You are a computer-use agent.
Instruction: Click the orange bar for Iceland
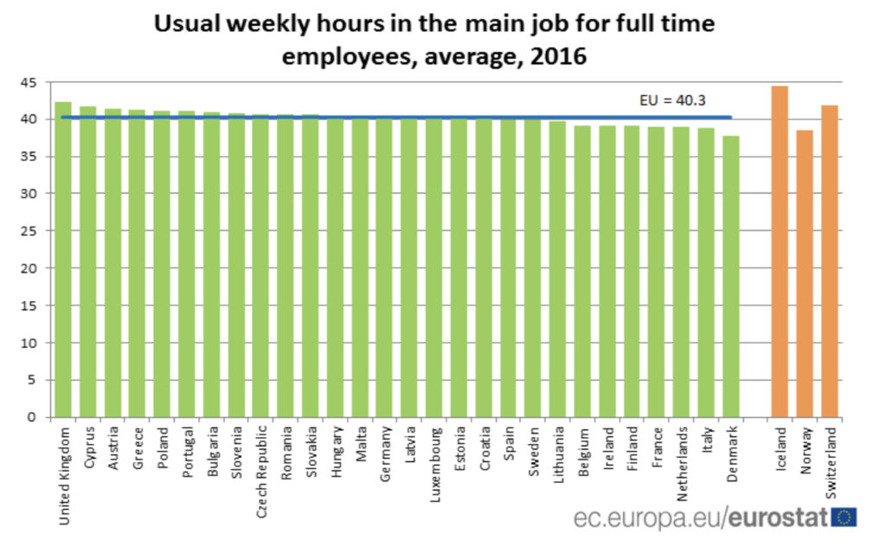780,251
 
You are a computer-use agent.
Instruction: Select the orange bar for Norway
805,273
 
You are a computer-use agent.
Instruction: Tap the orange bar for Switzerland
830,261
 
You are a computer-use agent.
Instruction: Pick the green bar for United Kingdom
63,259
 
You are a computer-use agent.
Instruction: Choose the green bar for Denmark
731,276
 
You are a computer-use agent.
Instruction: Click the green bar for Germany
384,267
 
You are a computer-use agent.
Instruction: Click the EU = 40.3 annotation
667,100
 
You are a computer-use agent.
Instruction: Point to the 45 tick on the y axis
30,82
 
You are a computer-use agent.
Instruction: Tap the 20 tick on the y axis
30,268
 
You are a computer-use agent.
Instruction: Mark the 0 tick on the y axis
35,417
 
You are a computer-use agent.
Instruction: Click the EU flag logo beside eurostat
844,518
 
